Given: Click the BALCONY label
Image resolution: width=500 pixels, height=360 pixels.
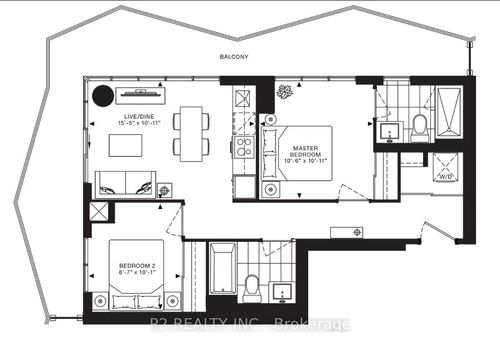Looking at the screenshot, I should coord(234,57).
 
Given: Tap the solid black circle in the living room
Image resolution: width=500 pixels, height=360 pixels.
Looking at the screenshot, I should coord(101,97).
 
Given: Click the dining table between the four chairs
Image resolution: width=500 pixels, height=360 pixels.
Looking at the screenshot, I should coord(190,133).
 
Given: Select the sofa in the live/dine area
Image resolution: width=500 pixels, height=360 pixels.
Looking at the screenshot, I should coord(126,184).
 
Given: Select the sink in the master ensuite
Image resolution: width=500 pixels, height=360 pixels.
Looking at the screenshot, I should coord(386,129).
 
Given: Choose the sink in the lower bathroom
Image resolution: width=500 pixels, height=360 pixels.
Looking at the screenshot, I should coord(284,292).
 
